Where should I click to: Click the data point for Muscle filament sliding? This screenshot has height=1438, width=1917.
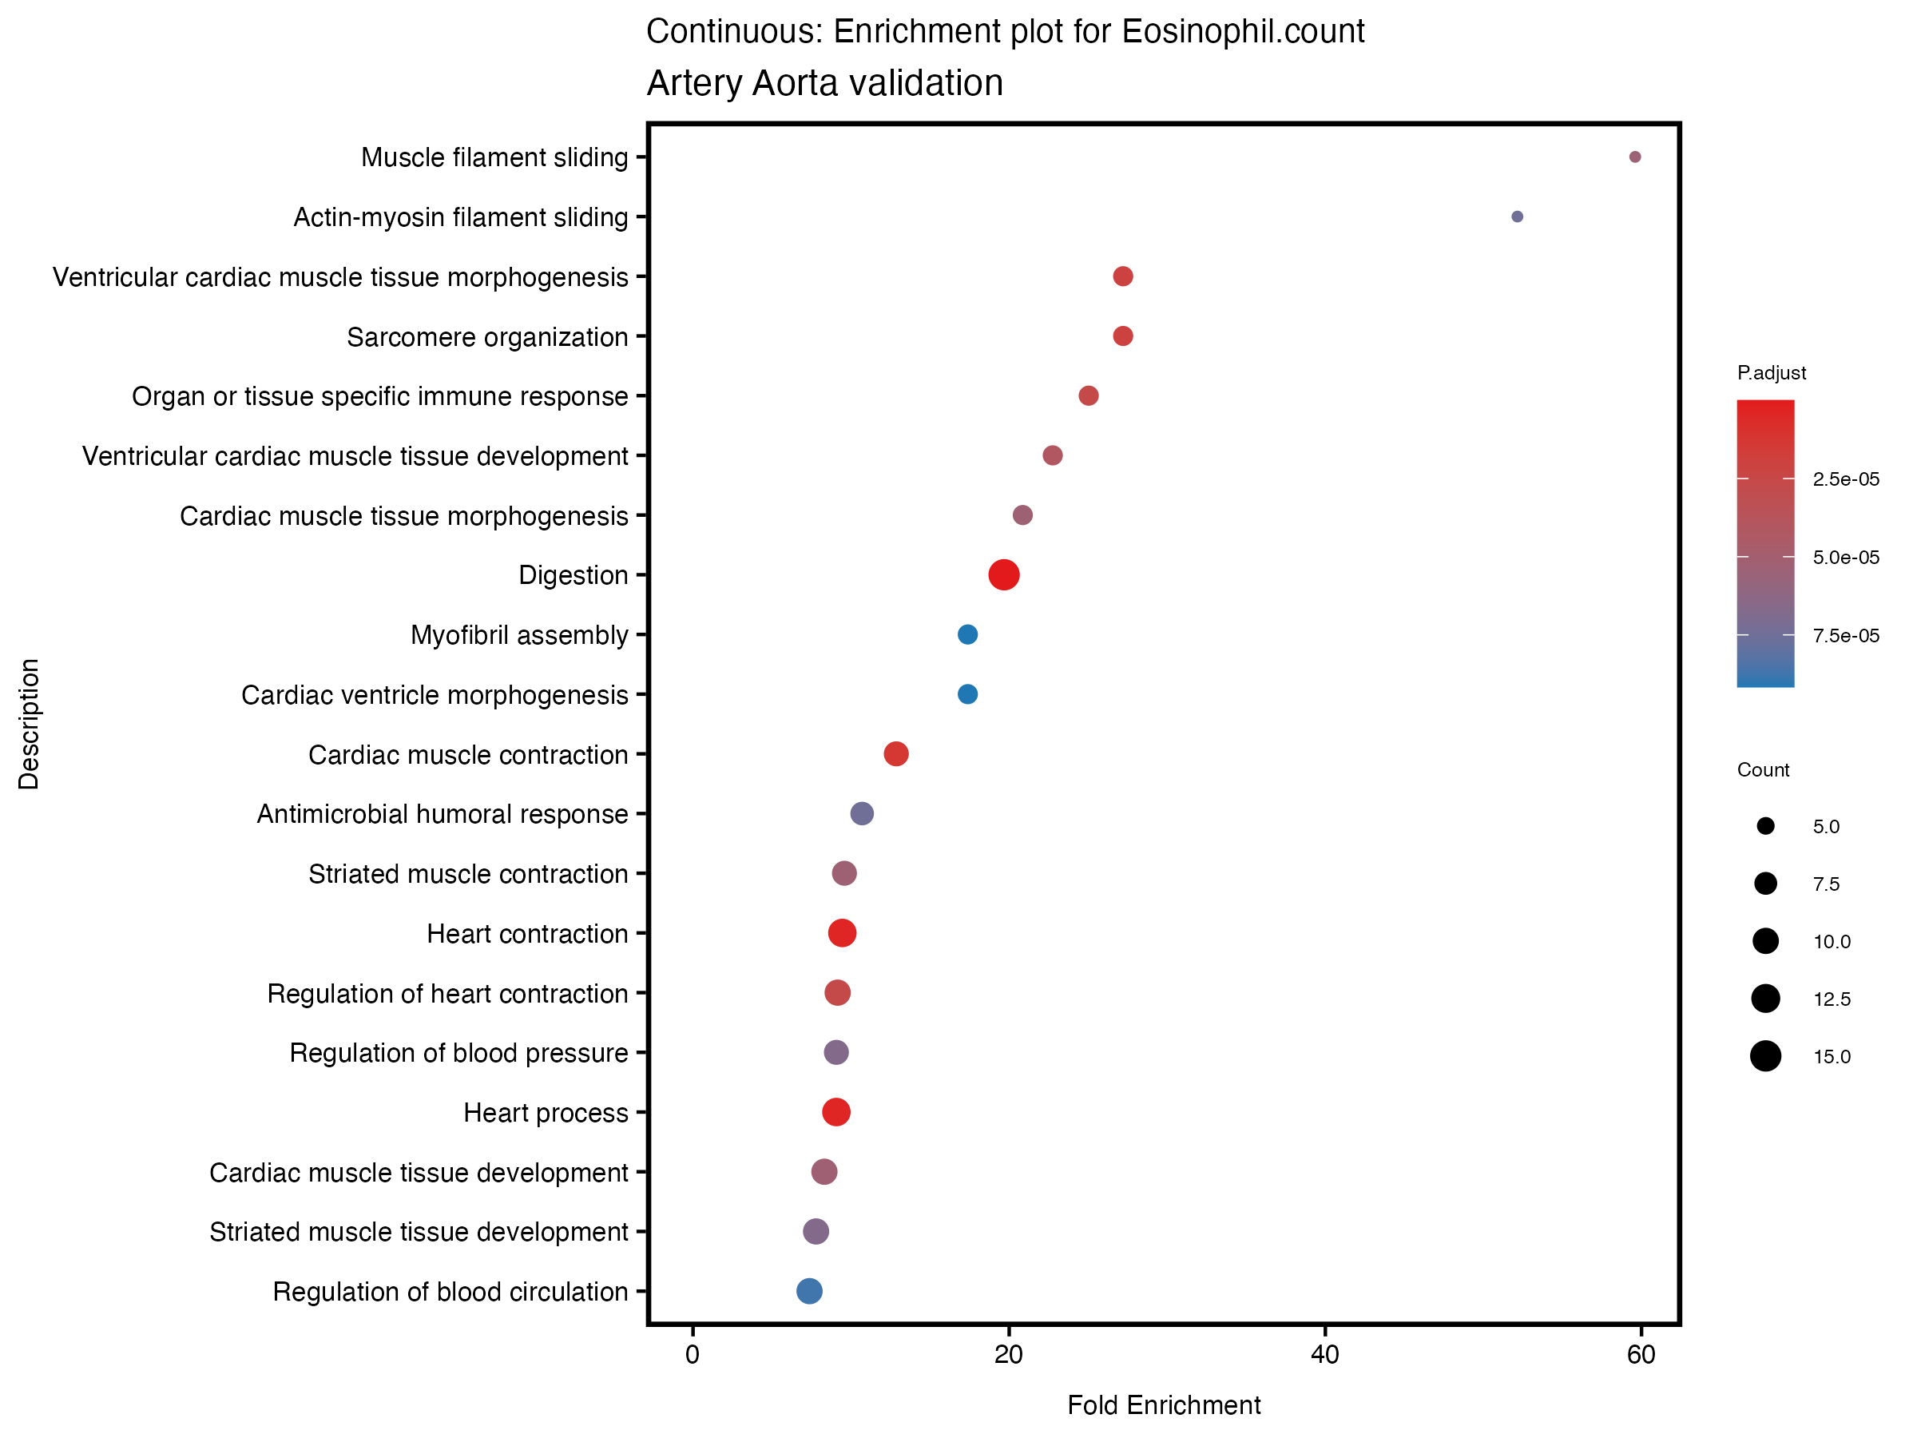click(x=1634, y=157)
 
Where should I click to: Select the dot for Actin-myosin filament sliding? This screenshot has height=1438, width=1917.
click(x=1517, y=216)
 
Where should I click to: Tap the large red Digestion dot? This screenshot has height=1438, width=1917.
click(x=1003, y=574)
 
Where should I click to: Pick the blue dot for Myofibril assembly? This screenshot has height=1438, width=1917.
click(x=967, y=634)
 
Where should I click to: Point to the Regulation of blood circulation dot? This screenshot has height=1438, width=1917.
click(x=808, y=1291)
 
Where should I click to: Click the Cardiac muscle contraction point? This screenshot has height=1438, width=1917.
click(x=895, y=754)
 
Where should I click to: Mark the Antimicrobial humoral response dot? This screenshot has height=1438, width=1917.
click(x=861, y=813)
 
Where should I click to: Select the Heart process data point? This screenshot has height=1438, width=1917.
click(x=835, y=1112)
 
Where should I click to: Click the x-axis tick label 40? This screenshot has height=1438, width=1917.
click(x=1324, y=1355)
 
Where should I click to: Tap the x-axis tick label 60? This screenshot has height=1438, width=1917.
click(x=1641, y=1355)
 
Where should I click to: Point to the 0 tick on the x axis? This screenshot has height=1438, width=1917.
click(x=692, y=1355)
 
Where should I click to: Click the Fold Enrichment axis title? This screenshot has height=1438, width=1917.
click(x=1163, y=1405)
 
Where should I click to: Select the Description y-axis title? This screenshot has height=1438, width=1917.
click(x=29, y=724)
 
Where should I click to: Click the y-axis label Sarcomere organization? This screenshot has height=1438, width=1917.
click(x=487, y=337)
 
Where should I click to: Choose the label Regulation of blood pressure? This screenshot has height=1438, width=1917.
click(x=458, y=1053)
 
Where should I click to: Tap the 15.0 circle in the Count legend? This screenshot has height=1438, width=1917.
click(x=1765, y=1057)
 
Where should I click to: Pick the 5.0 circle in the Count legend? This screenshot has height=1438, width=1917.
click(x=1765, y=826)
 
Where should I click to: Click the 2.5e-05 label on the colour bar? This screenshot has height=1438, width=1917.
click(x=1846, y=479)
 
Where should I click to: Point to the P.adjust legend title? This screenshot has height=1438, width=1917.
click(x=1772, y=373)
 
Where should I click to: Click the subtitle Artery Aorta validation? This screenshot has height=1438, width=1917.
click(x=824, y=83)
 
